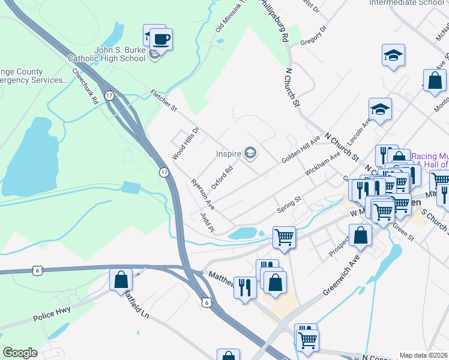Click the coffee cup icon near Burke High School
tap(161, 40)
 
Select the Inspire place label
tap(229, 154)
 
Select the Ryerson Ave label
tap(203, 193)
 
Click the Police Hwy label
tap(52, 313)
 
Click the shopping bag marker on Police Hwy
tap(121, 279)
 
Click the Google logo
tap(20, 353)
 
